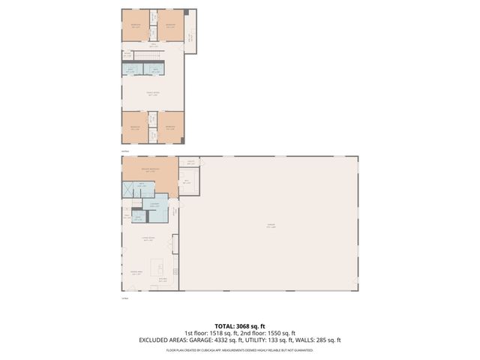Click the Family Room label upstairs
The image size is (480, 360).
152,94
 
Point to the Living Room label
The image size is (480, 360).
148,238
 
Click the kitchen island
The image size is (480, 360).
157,267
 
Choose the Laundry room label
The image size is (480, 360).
154,204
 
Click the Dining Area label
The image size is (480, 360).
136,273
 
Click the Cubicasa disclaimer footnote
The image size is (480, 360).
240,350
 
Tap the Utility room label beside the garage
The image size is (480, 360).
191,162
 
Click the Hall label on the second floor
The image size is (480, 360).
152,46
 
